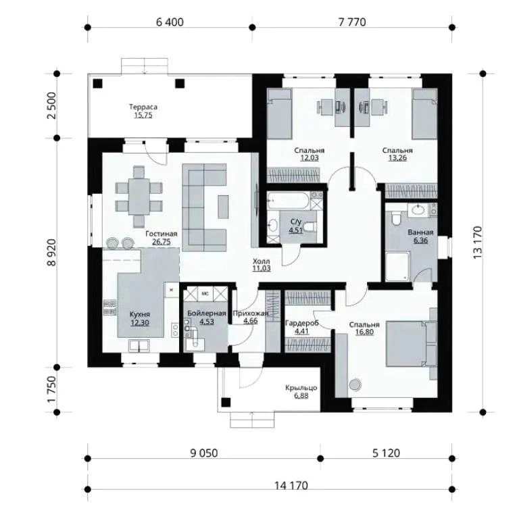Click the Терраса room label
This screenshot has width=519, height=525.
coord(143,107)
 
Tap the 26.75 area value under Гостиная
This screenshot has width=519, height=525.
coord(162,242)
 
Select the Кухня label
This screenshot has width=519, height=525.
coord(140,314)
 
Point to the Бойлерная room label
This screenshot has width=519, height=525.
coord(207,314)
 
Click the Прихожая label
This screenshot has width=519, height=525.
coord(251,314)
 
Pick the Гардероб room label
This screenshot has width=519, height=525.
coord(301,324)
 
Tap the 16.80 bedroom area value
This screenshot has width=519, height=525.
coord(364,332)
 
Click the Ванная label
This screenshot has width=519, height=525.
coord(420,232)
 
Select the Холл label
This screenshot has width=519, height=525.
coord(262,261)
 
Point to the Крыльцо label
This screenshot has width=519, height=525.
coord(301,388)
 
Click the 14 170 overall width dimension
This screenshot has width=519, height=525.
coord(291,486)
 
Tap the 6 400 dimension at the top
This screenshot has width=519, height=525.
coord(170,22)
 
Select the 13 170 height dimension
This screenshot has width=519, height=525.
coord(478,243)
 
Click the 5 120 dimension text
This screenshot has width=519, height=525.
coord(386,453)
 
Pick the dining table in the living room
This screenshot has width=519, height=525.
coord(139,197)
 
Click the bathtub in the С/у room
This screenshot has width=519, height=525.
coord(289,201)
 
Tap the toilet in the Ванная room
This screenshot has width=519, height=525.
coord(396,218)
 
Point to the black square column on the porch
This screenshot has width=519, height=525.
coord(226,403)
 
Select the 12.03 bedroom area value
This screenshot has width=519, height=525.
coord(310,157)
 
